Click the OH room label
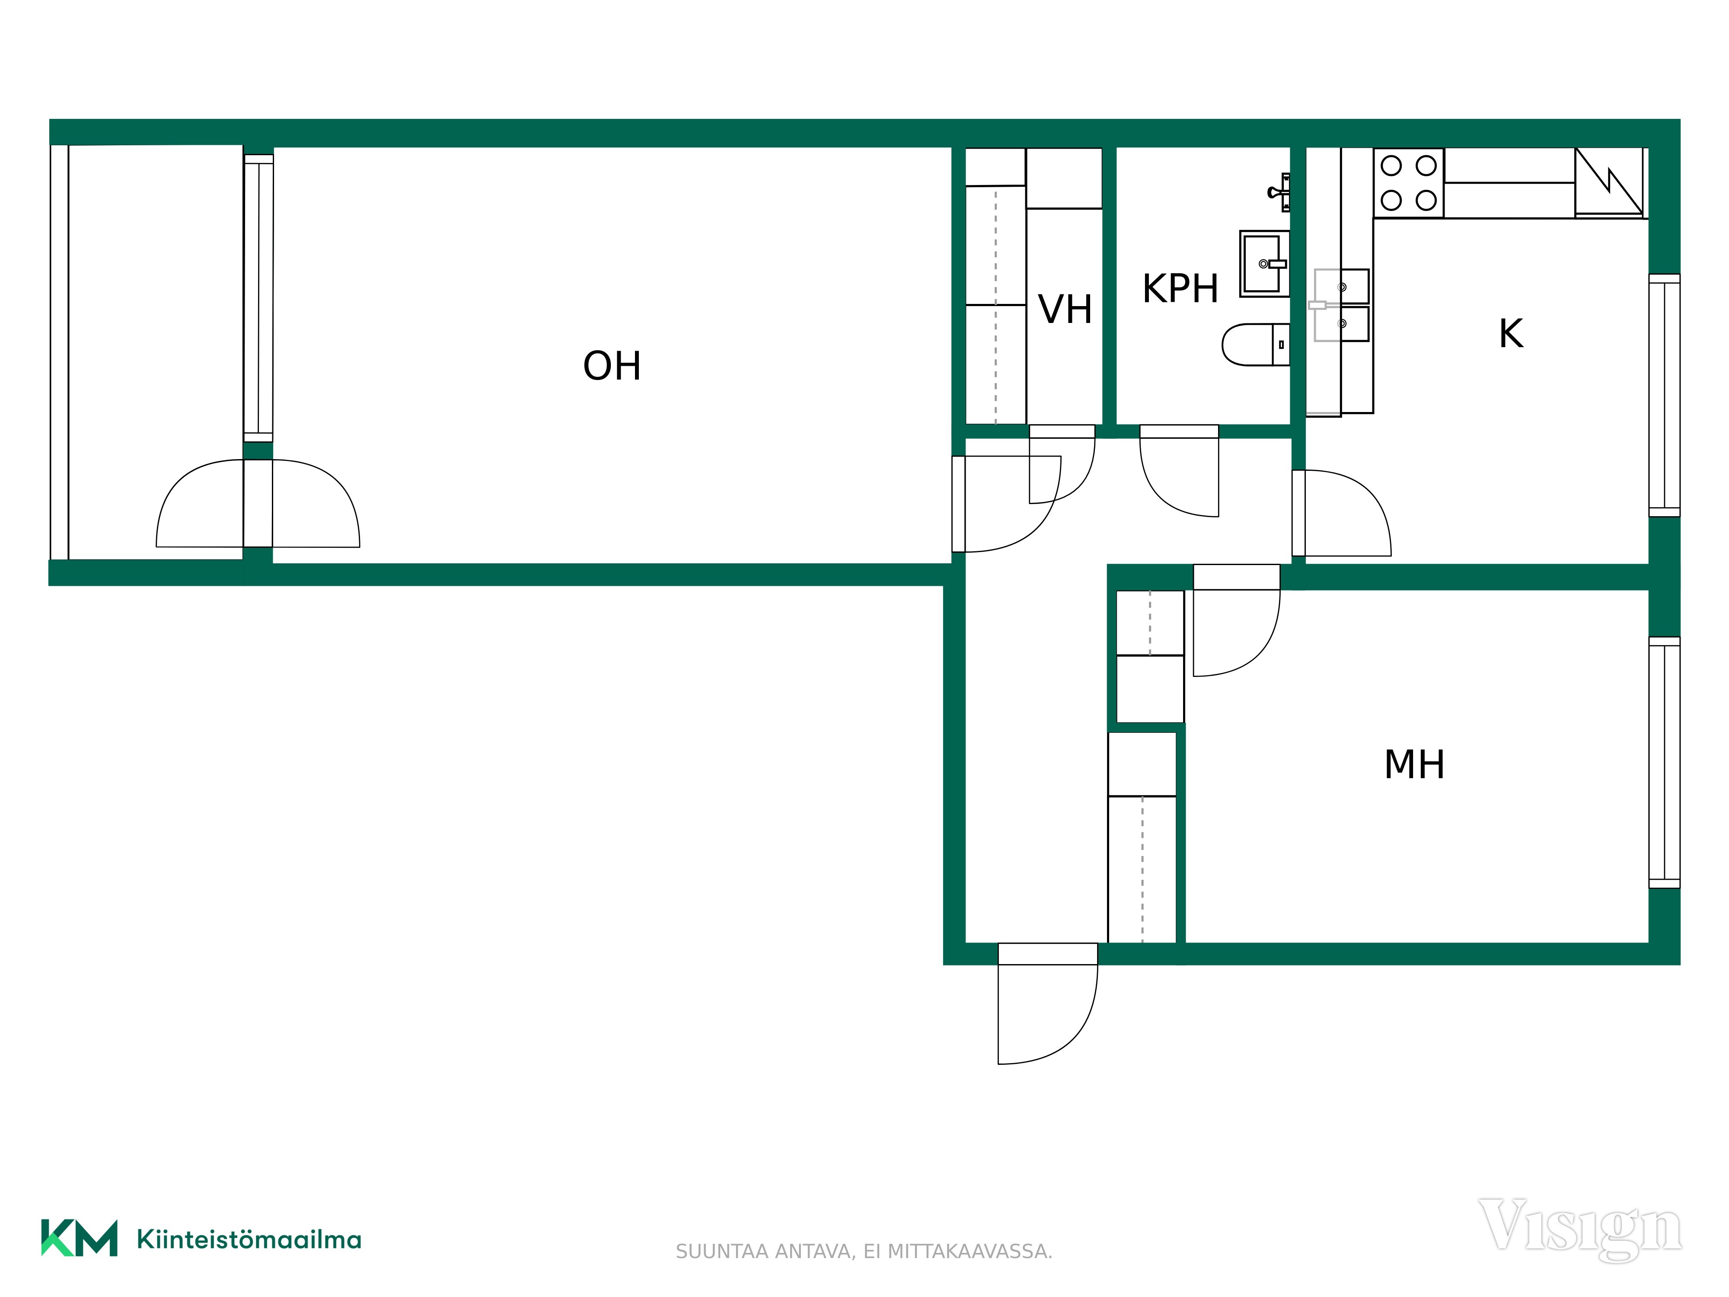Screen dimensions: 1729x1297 [x=612, y=366]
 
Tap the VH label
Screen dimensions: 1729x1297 [x=1065, y=310]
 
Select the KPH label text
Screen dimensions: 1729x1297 [x=1180, y=288]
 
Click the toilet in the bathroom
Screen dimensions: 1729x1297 [x=1255, y=345]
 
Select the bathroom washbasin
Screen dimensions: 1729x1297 [x=1264, y=263]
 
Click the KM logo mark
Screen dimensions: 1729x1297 [x=79, y=1238]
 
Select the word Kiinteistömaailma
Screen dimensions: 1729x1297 [x=249, y=1240]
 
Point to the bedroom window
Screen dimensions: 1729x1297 [x=1664, y=762]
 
